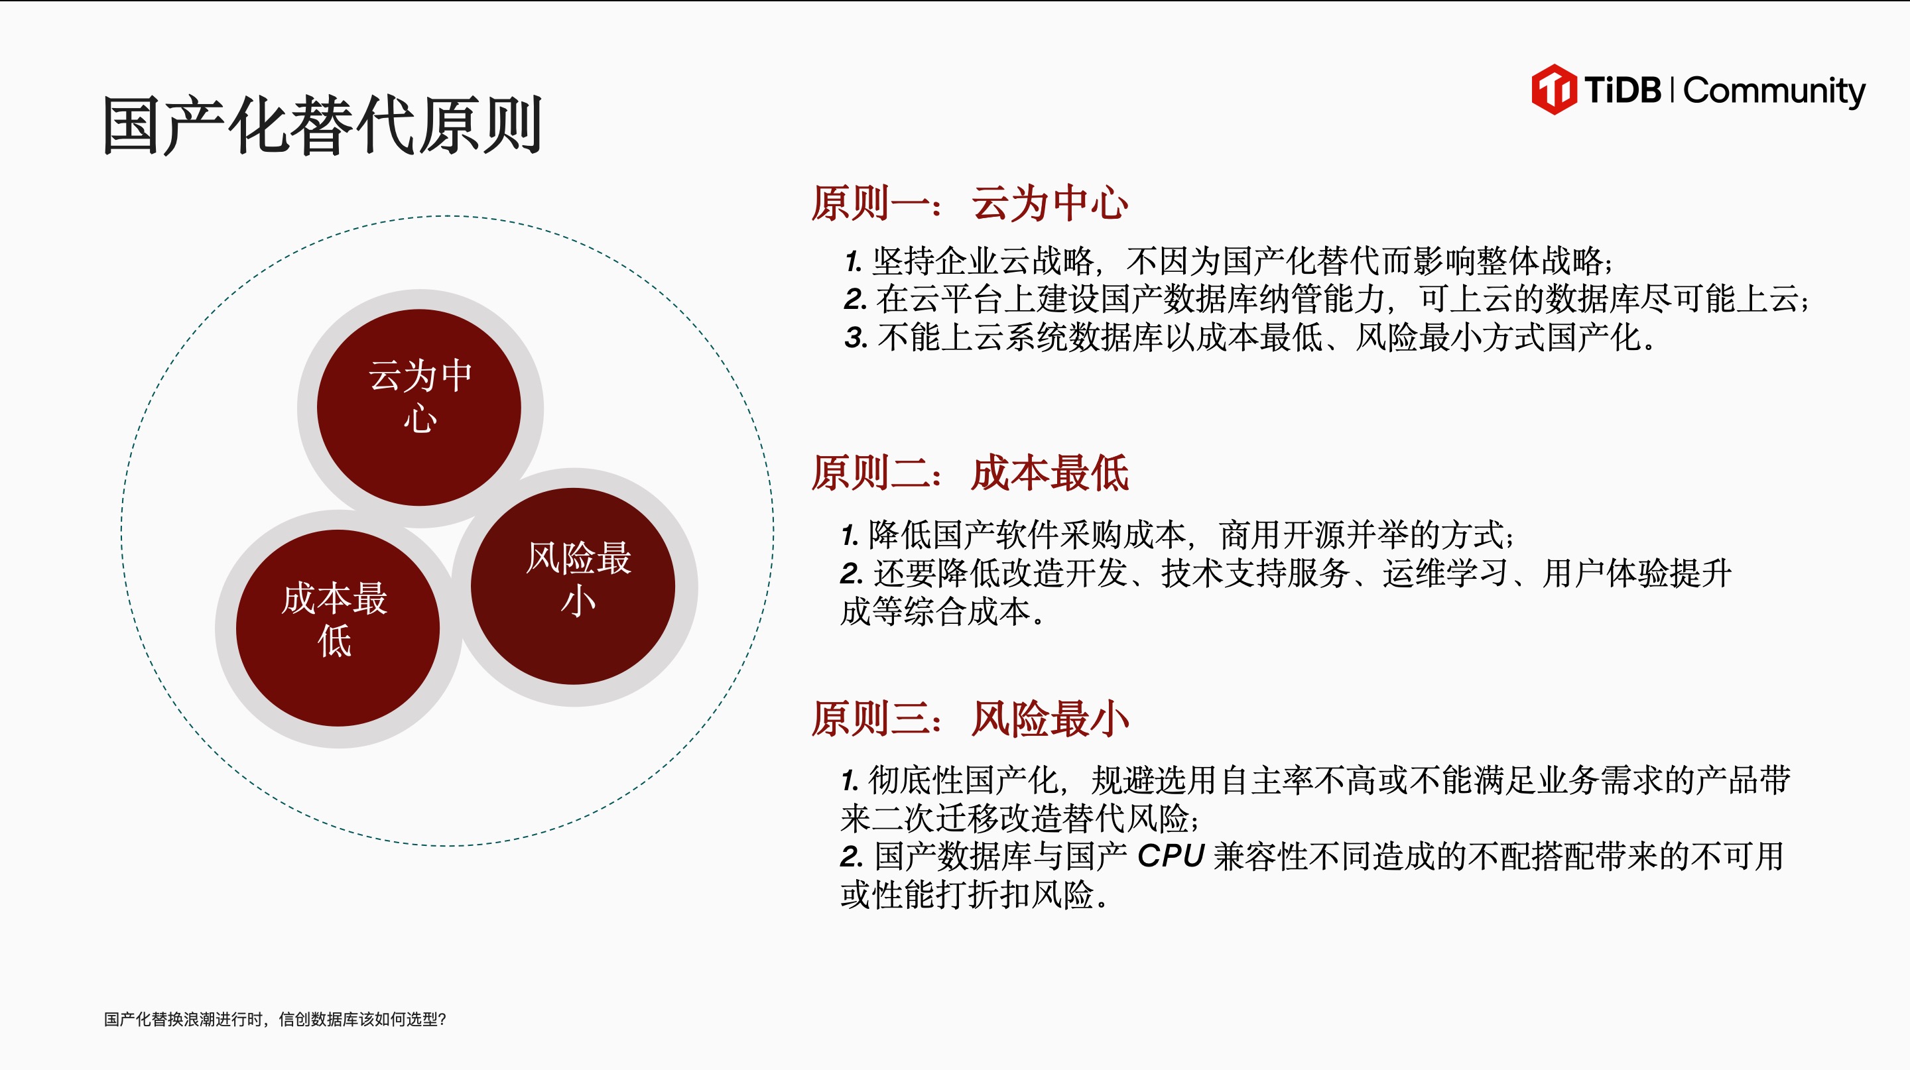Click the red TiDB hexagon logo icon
1554,89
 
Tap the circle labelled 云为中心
420,408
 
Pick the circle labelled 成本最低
338,628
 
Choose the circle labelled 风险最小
573,585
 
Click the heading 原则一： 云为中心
970,203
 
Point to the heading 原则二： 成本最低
970,473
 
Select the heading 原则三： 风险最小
970,719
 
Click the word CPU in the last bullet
1171,857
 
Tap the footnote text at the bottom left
275,1020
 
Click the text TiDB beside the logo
1623,90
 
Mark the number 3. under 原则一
856,339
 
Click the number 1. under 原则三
850,781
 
